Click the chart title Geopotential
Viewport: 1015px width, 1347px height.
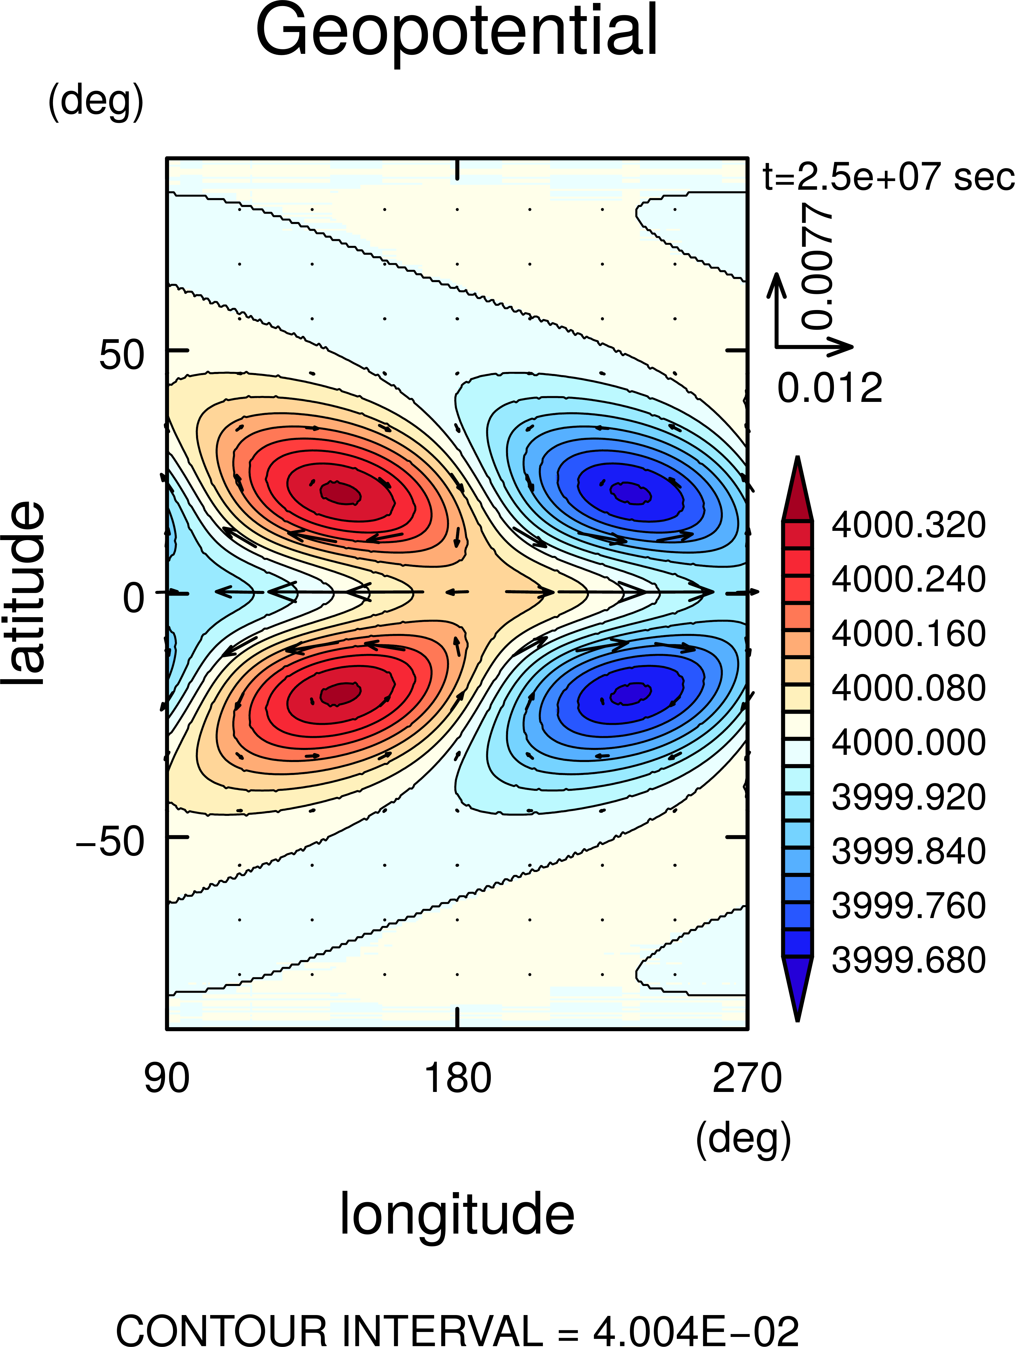coord(457,32)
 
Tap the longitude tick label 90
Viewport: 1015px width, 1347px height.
coord(166,1078)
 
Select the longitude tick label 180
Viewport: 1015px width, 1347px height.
coord(457,1078)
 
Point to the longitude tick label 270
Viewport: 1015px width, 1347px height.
coord(747,1078)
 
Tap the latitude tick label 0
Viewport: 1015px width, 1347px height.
coord(134,598)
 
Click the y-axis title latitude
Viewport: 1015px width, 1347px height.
coord(24,594)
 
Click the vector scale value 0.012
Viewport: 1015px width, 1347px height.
coord(829,388)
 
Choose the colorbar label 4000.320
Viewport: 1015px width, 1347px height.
coord(908,525)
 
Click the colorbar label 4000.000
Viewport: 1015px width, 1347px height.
coord(908,742)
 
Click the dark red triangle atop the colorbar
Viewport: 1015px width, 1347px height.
coord(797,493)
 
